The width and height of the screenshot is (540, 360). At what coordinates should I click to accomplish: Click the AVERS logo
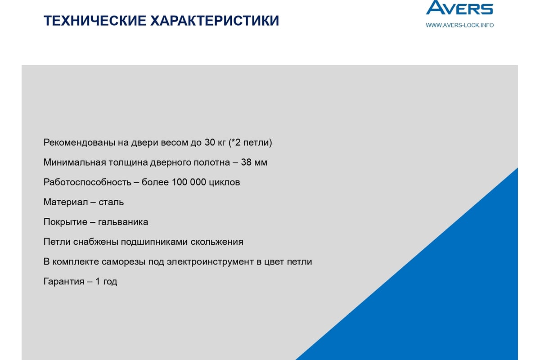coord(459,8)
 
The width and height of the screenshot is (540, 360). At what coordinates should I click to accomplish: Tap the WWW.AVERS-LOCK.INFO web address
coord(459,25)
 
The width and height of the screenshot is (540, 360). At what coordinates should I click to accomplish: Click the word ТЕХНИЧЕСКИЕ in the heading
coord(95,21)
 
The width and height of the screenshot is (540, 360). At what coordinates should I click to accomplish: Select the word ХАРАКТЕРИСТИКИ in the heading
coord(215,21)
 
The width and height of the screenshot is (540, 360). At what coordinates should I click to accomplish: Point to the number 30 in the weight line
coord(210,143)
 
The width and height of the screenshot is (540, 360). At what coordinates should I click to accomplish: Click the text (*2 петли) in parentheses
coord(250,143)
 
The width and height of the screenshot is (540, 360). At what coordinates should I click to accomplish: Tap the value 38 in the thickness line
coord(246,162)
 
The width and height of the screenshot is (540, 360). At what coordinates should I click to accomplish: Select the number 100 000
coord(189,182)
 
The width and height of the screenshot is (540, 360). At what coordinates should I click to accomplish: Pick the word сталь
coord(111,202)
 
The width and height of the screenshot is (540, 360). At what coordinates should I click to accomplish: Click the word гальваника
coord(123,222)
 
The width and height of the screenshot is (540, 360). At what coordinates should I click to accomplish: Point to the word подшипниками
coord(154,242)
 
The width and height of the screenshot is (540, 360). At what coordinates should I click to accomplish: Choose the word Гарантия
coord(64,282)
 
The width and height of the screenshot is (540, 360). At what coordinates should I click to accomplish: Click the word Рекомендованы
coord(79,143)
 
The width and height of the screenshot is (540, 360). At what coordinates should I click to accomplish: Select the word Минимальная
coord(75,162)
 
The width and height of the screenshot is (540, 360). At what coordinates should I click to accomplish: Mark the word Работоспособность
coord(87,183)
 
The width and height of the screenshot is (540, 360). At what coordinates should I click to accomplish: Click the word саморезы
coord(123,262)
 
